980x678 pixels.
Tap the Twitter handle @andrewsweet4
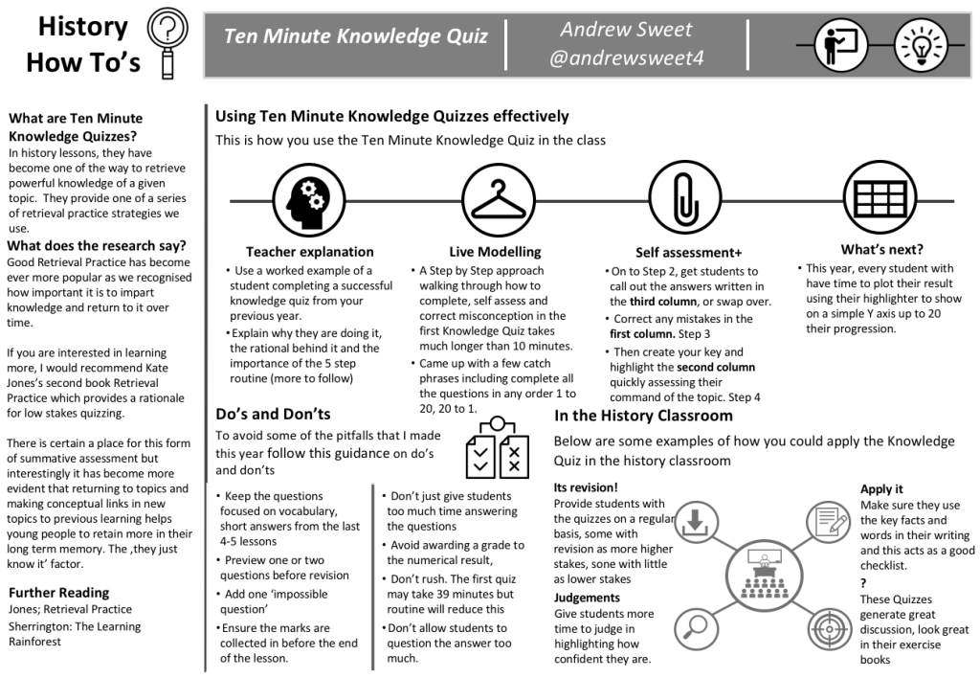627,58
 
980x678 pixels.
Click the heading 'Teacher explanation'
310,252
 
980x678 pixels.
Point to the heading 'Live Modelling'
495,252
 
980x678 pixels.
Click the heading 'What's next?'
881,250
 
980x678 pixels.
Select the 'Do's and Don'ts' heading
274,415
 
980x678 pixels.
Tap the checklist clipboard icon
497,449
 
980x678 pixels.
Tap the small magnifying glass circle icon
697,626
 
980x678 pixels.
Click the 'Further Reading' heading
58,592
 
